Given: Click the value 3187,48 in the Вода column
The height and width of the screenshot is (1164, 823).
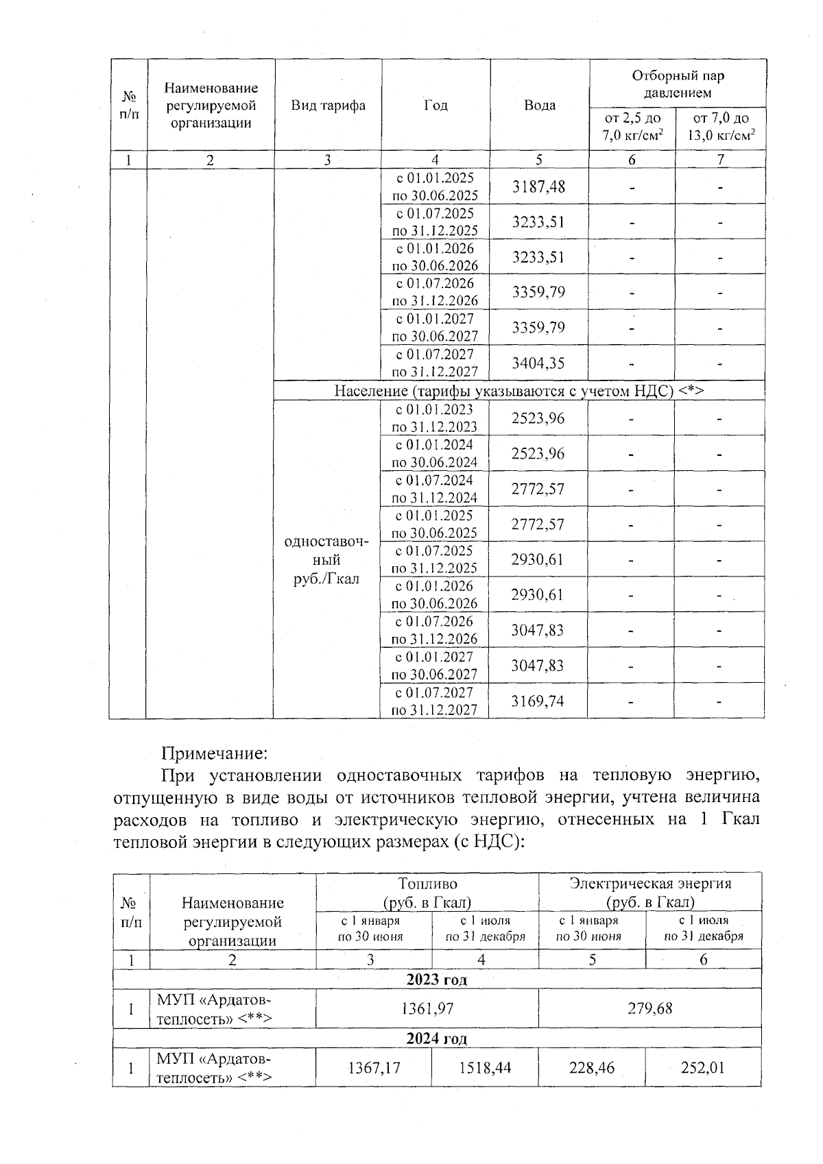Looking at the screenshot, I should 538,186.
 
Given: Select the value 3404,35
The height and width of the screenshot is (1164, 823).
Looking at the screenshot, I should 538,363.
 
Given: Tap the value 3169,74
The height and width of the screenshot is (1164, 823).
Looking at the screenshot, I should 538,701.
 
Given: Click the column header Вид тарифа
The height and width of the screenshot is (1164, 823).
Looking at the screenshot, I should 328,105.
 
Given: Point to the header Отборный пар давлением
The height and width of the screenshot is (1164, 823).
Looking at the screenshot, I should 677,84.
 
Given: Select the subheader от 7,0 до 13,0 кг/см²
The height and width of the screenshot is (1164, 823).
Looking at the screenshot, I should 721,127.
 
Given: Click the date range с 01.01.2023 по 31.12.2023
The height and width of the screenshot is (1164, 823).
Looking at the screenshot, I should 434,418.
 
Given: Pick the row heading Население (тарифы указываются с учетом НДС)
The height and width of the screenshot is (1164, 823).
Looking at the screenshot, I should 519,391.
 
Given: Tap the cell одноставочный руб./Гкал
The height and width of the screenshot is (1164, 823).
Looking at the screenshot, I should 326,560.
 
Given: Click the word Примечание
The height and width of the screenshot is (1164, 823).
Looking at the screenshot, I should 213,753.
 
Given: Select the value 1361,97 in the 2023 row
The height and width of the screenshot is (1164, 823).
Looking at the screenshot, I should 427,1008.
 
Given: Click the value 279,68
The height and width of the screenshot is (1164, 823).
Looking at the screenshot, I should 649,1008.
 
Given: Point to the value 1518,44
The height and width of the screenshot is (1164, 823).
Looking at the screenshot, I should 485,1067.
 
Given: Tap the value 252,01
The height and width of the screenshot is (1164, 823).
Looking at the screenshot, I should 702,1067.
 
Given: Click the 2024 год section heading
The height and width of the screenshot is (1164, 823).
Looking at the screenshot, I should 436,1038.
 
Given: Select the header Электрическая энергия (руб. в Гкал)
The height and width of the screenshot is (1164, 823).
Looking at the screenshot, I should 649,892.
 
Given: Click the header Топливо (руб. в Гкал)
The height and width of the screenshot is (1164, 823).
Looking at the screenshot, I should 427,892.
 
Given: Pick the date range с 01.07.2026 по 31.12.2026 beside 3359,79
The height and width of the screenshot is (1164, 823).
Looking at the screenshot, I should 434,292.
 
